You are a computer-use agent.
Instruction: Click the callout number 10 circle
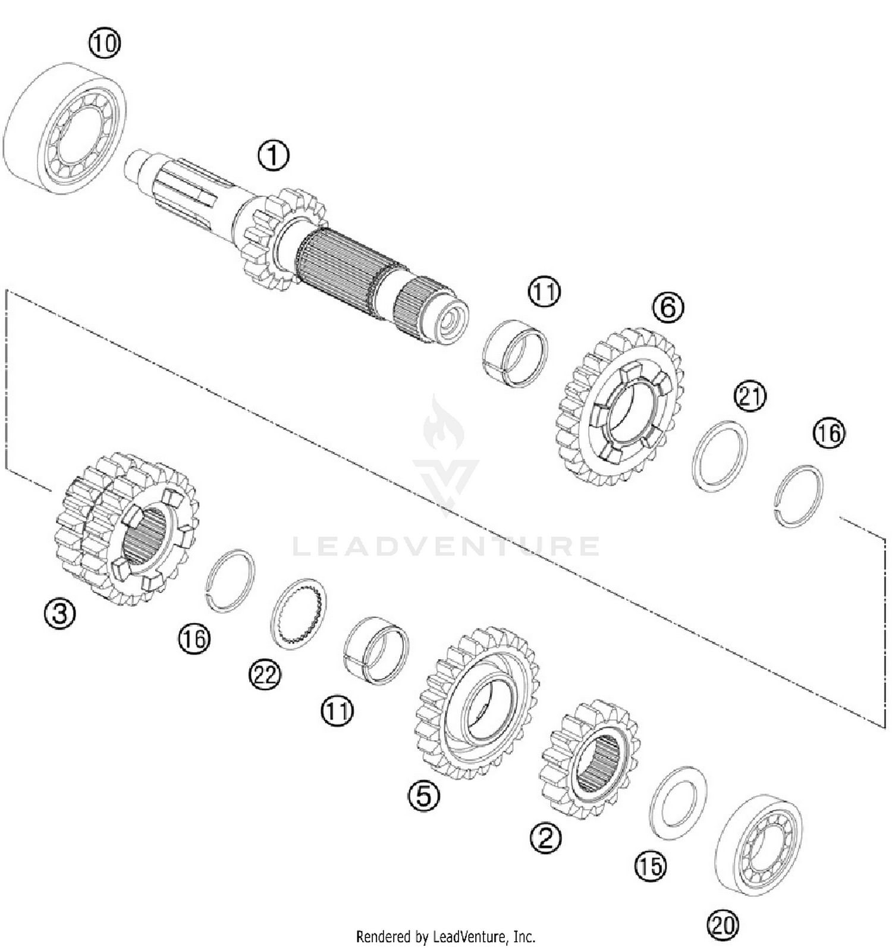pos(104,44)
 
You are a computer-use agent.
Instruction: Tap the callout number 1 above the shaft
pos(274,155)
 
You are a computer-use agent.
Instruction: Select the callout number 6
pos(668,308)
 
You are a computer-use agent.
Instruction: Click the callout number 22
pos(265,675)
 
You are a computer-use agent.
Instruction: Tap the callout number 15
pos(651,866)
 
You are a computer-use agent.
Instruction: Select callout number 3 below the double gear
pos(60,613)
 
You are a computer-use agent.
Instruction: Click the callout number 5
pos(424,795)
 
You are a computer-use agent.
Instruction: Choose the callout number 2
pos(545,838)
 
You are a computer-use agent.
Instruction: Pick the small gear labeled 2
pos(589,758)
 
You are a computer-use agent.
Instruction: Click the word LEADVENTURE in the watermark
pos(446,545)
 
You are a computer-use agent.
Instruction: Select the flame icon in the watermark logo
pos(443,425)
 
